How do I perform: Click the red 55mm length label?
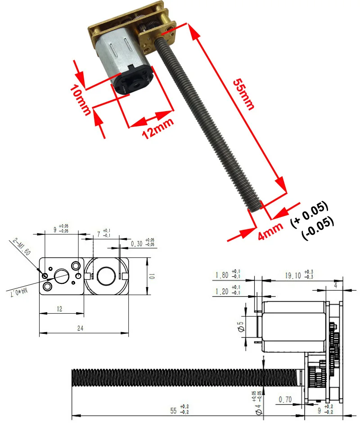(x=243, y=94)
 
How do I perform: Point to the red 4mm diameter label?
(x=270, y=230)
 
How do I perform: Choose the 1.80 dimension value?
(x=221, y=275)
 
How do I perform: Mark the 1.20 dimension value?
(x=221, y=292)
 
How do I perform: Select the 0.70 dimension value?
(x=285, y=399)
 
